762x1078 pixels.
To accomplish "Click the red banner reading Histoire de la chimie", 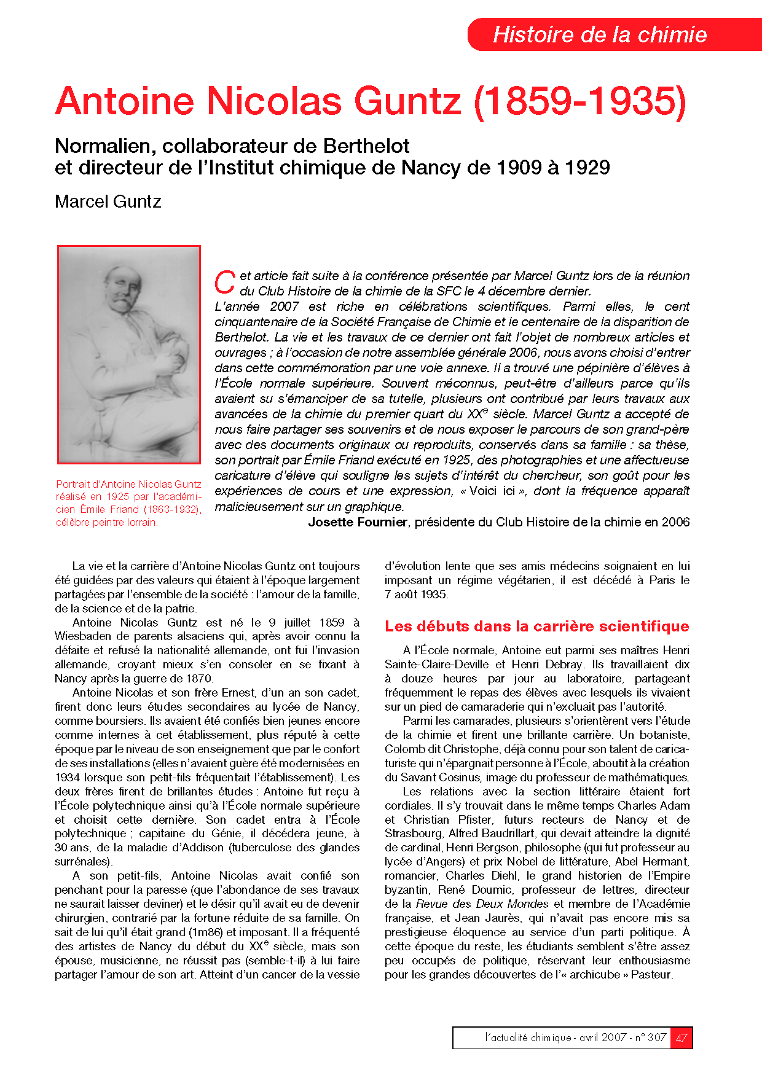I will [x=600, y=34].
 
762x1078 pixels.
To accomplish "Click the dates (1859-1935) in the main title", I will [x=579, y=101].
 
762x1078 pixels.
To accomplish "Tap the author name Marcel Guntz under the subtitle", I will [x=108, y=201].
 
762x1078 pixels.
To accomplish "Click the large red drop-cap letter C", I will [x=225, y=283].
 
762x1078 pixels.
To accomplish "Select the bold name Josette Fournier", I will [x=358, y=522].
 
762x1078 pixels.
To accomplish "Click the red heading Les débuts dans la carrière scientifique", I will [x=536, y=627].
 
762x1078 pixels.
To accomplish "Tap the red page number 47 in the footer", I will [x=681, y=1037].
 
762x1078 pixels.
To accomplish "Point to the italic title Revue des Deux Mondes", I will [x=482, y=904].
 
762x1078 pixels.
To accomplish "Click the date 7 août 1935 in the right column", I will [x=416, y=595].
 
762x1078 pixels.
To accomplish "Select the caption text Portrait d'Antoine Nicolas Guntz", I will [x=128, y=484].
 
